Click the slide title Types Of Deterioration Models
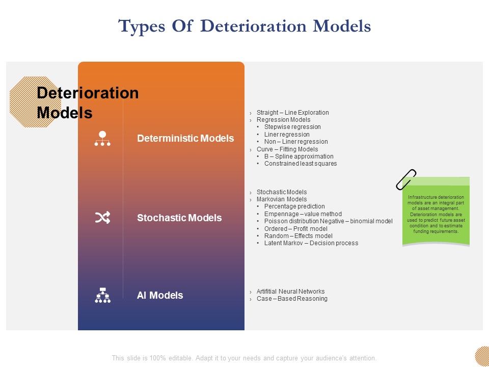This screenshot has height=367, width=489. (244, 26)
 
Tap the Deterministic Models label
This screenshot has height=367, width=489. (185, 138)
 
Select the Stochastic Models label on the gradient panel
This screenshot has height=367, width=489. (179, 218)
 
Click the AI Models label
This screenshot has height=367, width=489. (160, 295)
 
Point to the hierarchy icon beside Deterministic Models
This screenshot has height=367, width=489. (102, 139)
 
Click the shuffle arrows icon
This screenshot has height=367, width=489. (102, 218)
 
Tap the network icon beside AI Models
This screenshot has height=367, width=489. (102, 295)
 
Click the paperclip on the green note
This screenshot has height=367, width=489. (406, 179)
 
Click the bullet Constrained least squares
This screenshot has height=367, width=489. (300, 164)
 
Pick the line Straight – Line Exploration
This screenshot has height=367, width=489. (292, 113)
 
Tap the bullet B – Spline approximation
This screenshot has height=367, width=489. (298, 156)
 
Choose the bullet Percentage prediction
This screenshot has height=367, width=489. (294, 206)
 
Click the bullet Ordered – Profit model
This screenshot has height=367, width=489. (295, 229)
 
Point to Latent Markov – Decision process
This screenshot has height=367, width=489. (311, 243)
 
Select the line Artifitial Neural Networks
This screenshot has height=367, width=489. (290, 292)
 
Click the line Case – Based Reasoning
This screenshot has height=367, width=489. (292, 299)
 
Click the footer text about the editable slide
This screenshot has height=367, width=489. (244, 358)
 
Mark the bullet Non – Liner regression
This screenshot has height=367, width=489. (296, 142)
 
